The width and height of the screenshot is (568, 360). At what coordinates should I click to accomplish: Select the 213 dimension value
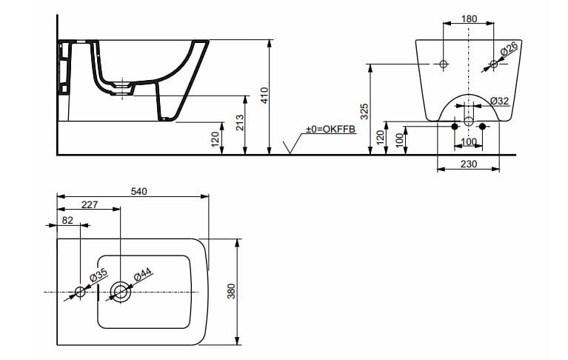(x=240, y=123)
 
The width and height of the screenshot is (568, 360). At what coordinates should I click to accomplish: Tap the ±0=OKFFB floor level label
(x=331, y=130)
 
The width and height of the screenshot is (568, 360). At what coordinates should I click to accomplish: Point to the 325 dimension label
(x=364, y=111)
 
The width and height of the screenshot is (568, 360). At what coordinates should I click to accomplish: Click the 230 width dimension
(x=468, y=164)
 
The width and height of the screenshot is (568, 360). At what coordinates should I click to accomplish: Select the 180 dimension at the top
(x=469, y=18)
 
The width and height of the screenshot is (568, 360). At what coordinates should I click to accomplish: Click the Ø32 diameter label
(x=498, y=101)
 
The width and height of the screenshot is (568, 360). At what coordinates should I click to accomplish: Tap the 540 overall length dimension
(x=138, y=191)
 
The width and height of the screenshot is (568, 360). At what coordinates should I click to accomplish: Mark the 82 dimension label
(x=67, y=220)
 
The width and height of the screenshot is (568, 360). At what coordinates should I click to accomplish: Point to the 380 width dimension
(x=231, y=291)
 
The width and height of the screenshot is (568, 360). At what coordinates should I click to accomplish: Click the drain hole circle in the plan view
(x=119, y=291)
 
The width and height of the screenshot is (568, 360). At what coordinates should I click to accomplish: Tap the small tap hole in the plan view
(x=81, y=291)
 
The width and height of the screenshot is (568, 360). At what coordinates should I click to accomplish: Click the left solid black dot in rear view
(x=455, y=127)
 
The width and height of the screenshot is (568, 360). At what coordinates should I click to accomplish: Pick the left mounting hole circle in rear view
(x=443, y=64)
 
